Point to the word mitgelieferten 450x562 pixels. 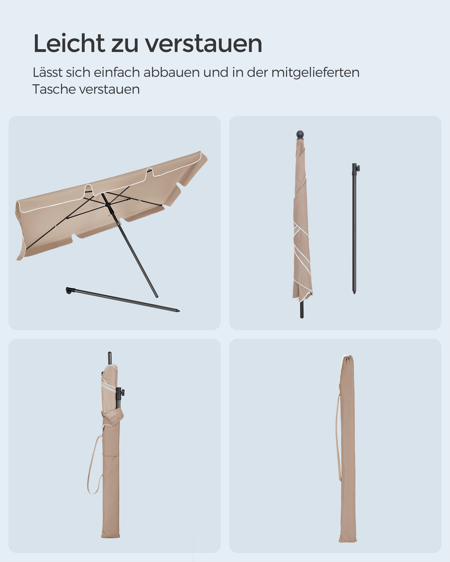pos(315,72)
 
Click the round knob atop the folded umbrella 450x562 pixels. pos(300,134)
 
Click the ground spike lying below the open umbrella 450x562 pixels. pos(123,300)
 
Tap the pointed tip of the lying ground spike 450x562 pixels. pos(179,311)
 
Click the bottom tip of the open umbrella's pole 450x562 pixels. pos(157,296)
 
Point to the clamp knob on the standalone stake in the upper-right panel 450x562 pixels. pos(358,168)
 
